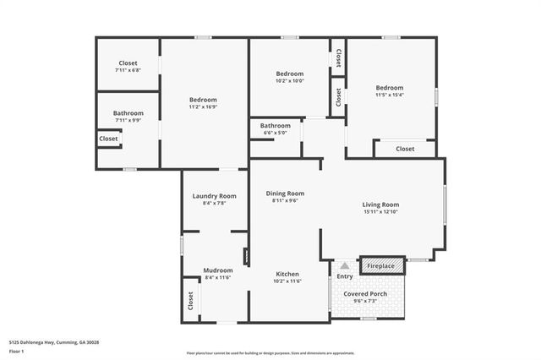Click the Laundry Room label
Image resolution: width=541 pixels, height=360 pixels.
tap(215, 195)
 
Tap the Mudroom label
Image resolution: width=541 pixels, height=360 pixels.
tap(217, 270)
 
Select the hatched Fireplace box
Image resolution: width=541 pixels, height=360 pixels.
tap(380, 266)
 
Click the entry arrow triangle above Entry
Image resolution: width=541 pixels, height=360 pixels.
tap(345, 265)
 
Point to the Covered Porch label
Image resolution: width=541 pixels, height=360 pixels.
tap(365, 294)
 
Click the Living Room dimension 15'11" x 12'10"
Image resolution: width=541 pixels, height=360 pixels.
tap(380, 211)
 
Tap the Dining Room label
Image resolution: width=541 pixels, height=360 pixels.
tap(285, 193)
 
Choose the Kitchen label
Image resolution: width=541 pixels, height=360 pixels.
tap(287, 274)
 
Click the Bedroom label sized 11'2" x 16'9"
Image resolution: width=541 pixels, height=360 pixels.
tap(203, 100)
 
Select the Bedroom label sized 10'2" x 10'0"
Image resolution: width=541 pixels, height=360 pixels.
tap(289, 74)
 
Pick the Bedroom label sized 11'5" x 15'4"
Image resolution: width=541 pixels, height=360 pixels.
tap(390, 88)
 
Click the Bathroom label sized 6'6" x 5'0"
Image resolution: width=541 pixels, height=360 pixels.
tap(275, 126)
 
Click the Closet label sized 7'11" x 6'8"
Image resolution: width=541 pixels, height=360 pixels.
tap(128, 63)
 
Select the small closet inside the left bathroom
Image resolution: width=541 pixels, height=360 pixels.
tap(109, 139)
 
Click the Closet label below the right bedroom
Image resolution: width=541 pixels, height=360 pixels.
tap(405, 149)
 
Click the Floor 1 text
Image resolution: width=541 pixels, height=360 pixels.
tap(16, 349)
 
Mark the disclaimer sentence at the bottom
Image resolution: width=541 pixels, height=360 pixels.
tap(270, 353)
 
